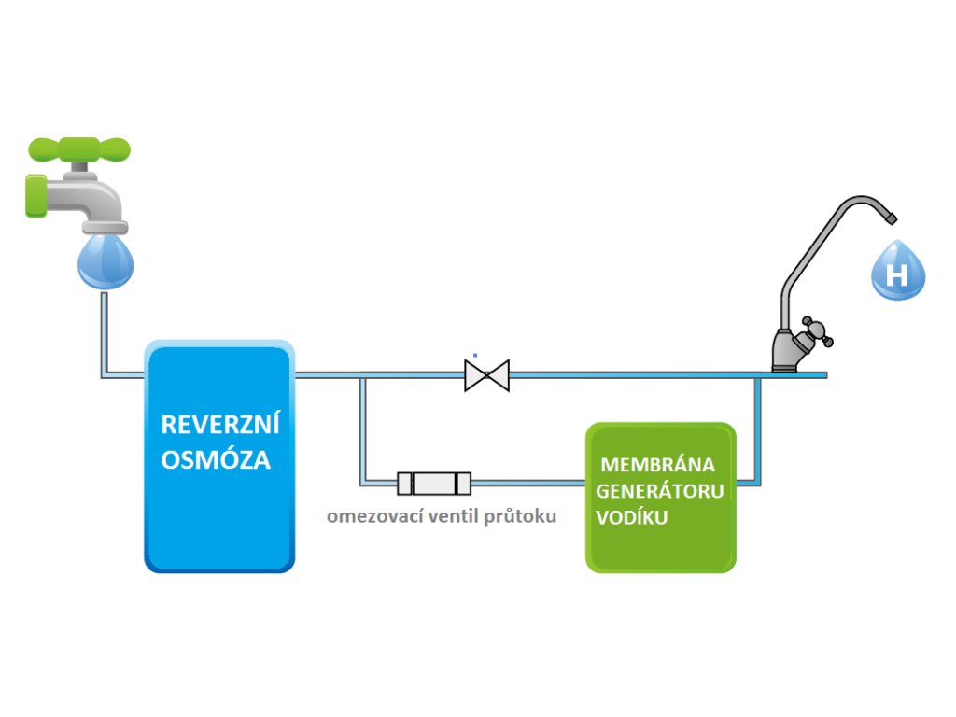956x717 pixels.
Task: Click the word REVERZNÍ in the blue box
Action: tap(220, 425)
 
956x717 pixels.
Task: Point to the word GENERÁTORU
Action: tap(660, 491)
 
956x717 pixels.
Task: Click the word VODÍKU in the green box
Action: tap(632, 518)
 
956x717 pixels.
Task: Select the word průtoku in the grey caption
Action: tap(519, 516)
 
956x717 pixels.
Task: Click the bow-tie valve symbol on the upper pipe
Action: tap(486, 375)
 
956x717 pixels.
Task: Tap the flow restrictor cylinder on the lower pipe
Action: tap(434, 484)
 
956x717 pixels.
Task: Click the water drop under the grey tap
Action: tap(105, 260)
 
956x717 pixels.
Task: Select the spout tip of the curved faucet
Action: tap(891, 218)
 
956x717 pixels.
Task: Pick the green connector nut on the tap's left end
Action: tap(35, 195)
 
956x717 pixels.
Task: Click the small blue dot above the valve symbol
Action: tap(474, 355)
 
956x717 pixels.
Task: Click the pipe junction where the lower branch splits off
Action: tap(362, 375)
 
